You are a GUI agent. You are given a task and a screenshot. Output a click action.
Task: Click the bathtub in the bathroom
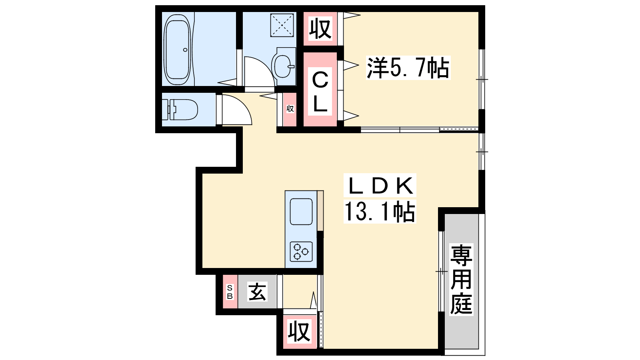tap(177, 49)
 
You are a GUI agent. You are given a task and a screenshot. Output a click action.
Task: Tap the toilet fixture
tap(180, 110)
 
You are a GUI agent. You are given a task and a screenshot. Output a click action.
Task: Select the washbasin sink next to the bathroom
tap(283, 66)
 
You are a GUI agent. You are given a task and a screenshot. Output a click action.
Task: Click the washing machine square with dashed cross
tap(282, 26)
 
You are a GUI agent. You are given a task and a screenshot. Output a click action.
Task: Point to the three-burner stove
tap(301, 252)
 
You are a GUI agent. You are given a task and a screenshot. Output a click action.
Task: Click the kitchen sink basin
tap(301, 212)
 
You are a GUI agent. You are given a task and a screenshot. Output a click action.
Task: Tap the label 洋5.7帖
tap(408, 68)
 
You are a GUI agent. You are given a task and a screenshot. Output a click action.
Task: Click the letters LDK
tap(380, 185)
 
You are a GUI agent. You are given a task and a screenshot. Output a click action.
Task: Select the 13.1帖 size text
tap(380, 212)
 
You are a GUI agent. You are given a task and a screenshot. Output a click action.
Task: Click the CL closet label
tap(320, 92)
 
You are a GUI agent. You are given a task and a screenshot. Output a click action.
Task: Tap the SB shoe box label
tap(230, 292)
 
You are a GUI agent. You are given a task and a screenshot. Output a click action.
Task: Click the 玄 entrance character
tap(258, 292)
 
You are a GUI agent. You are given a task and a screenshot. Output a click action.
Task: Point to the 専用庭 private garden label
tap(461, 280)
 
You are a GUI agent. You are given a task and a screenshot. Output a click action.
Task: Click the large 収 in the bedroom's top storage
tap(320, 28)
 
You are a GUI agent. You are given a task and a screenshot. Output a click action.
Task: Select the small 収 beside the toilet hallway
tap(290, 108)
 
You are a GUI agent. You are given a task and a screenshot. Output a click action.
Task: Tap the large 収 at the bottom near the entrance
tap(299, 332)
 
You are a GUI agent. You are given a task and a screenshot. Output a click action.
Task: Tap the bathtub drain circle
tap(185, 50)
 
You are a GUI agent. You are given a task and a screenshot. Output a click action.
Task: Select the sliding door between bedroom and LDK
tap(420, 130)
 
